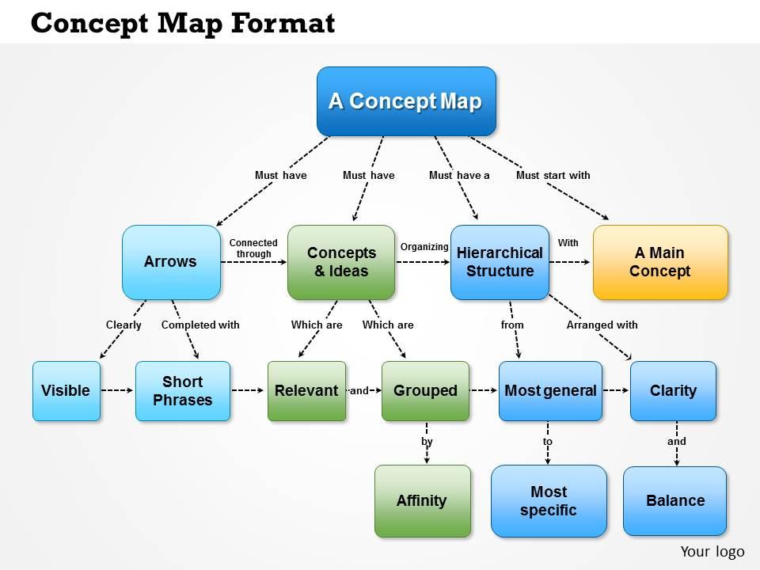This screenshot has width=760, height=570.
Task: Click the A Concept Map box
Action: pyautogui.click(x=406, y=101)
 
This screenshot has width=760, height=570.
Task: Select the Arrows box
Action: pyautogui.click(x=171, y=262)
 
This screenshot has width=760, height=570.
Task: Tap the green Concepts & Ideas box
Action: pyautogui.click(x=341, y=262)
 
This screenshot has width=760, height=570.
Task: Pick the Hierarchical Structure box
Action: pyautogui.click(x=500, y=262)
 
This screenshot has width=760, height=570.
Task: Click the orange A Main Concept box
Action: pyautogui.click(x=660, y=262)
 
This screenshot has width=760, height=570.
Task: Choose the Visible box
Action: pyautogui.click(x=66, y=390)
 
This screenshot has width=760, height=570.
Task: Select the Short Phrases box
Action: pyautogui.click(x=183, y=390)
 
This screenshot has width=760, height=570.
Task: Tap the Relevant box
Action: pyautogui.click(x=306, y=390)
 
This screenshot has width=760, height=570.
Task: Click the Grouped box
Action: pyautogui.click(x=425, y=390)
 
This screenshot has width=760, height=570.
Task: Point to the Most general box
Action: pyautogui.click(x=550, y=390)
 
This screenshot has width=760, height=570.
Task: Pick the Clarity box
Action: pyautogui.click(x=673, y=390)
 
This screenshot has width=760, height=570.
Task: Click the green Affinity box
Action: pyautogui.click(x=422, y=500)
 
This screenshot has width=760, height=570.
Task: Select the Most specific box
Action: pyautogui.click(x=549, y=500)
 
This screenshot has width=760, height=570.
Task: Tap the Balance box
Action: pyautogui.click(x=674, y=500)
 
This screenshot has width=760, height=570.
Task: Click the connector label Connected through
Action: pyautogui.click(x=253, y=249)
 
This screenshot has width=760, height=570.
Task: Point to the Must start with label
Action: pyautogui.click(x=553, y=175)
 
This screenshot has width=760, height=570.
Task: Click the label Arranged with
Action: pyautogui.click(x=602, y=325)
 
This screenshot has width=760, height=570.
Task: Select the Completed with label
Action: pyautogui.click(x=200, y=325)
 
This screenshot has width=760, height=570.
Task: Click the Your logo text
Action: pyautogui.click(x=712, y=551)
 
